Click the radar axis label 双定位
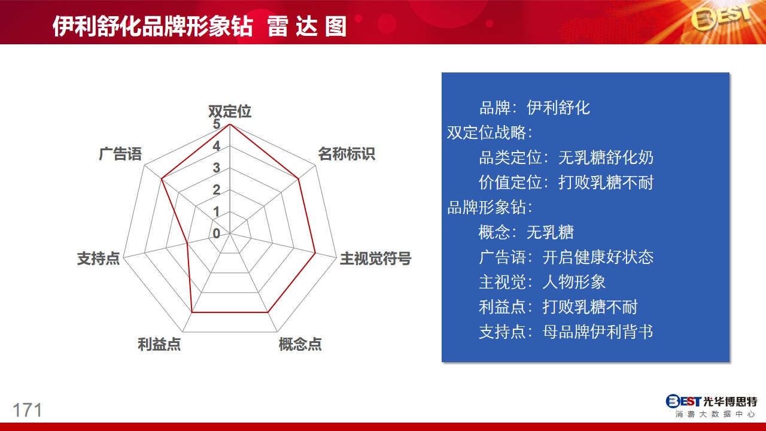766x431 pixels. click(230, 111)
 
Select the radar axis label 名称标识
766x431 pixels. click(346, 154)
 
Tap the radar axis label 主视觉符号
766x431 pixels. click(375, 258)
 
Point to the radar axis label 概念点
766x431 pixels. click(300, 344)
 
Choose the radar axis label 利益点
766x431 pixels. click(159, 344)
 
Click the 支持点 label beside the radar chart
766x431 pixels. click(99, 258)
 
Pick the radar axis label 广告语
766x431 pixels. click(120, 154)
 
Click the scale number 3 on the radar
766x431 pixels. click(216, 168)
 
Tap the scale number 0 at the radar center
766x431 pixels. click(216, 233)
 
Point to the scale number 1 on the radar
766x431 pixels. click(216, 212)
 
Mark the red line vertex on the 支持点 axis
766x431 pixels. click(187, 243)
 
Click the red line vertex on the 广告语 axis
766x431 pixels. click(162, 179)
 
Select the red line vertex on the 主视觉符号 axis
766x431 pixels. click(315, 253)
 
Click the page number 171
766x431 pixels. click(28, 410)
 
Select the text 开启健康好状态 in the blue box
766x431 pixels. click(598, 257)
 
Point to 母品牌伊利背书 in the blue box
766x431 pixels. click(598, 332)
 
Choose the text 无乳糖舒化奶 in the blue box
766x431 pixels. click(606, 157)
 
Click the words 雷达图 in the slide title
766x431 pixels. click(307, 26)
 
